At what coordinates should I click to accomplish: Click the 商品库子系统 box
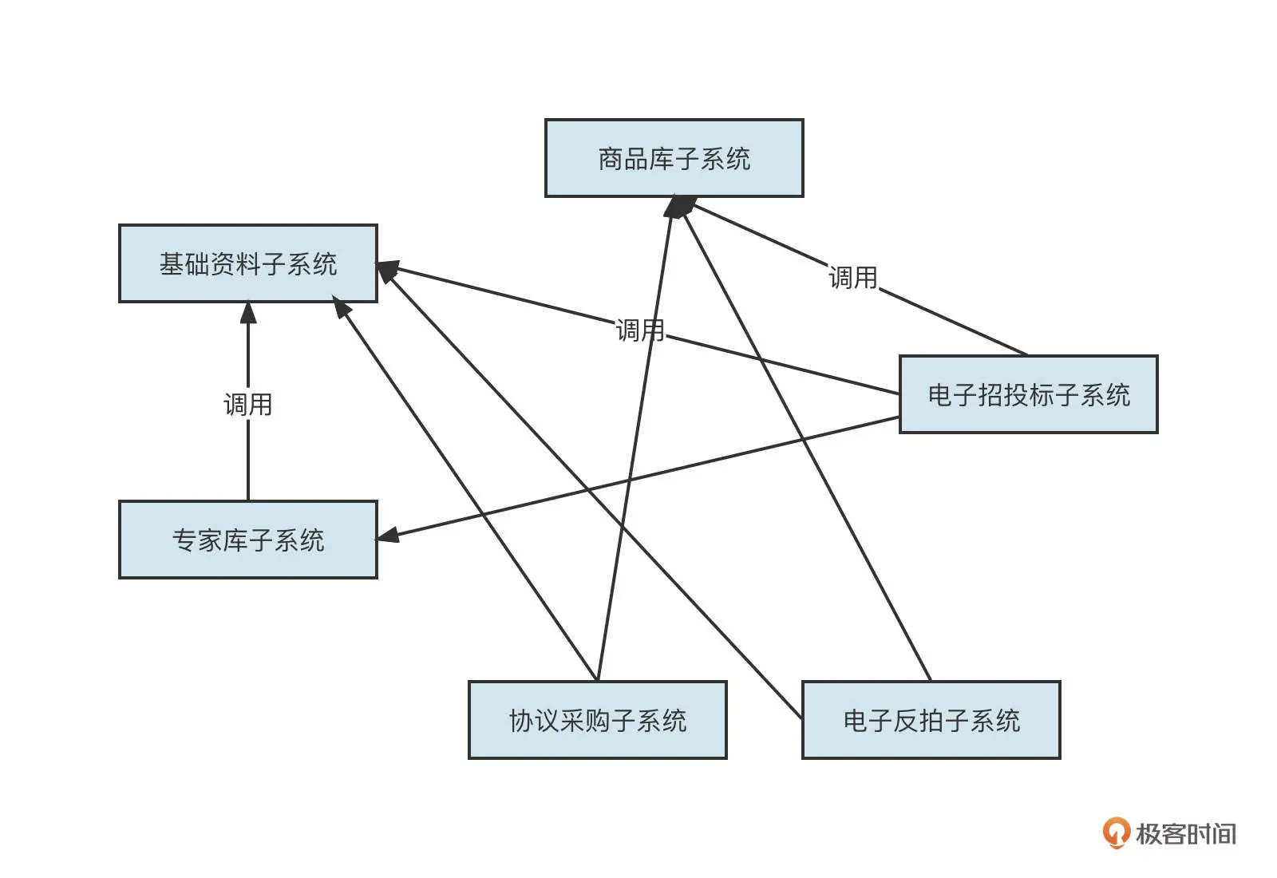674,158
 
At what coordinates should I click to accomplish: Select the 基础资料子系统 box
247,263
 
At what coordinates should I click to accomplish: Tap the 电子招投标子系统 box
1028,394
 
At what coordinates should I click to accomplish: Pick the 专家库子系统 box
247,540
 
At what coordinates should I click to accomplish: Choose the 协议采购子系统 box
597,720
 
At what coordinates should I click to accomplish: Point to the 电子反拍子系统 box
931,720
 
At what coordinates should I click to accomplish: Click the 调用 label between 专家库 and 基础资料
247,405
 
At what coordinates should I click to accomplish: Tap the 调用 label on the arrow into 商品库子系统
852,278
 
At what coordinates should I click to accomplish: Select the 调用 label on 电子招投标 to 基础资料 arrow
639,330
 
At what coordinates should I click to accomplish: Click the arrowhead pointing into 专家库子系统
387,536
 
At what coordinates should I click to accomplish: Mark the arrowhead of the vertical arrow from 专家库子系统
248,312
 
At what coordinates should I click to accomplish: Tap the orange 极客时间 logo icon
1116,833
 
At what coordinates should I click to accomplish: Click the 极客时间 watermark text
1186,834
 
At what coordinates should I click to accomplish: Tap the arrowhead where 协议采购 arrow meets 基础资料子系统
342,307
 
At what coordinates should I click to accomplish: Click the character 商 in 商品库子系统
611,159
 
